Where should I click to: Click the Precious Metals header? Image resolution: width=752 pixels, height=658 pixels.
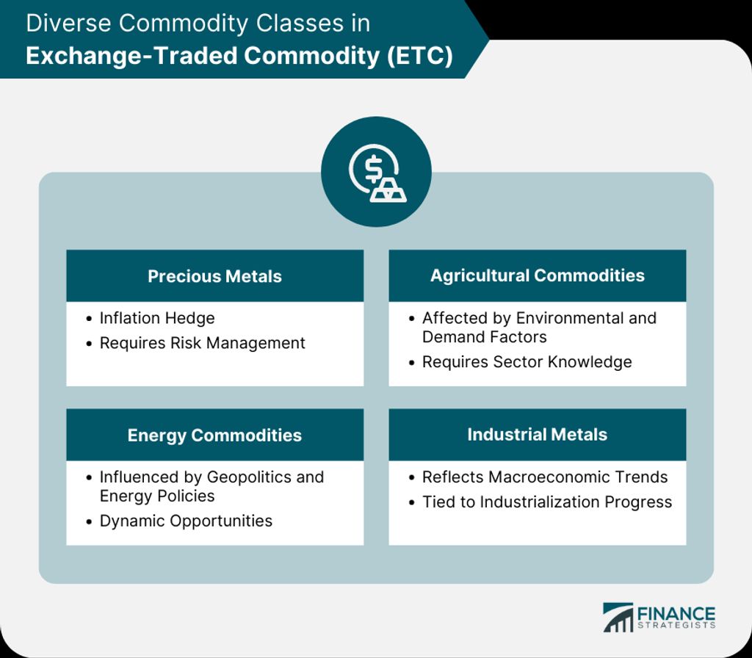(x=214, y=276)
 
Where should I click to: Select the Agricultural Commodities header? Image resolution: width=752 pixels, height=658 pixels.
(x=537, y=276)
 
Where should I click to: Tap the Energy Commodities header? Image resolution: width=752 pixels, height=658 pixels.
(x=214, y=435)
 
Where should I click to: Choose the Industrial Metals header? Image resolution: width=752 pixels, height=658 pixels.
(x=537, y=435)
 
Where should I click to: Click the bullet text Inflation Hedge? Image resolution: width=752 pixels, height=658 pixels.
(x=157, y=319)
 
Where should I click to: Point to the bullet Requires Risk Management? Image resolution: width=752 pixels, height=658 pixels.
(x=202, y=344)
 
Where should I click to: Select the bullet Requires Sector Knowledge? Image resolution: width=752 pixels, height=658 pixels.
(x=527, y=362)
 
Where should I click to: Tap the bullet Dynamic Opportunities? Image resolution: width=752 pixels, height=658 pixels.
(x=186, y=521)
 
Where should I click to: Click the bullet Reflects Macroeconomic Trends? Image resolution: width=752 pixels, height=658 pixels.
(x=545, y=477)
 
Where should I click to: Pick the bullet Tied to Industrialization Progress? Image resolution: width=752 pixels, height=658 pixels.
(x=546, y=502)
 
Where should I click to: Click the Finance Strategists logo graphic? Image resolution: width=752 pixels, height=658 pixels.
(x=618, y=618)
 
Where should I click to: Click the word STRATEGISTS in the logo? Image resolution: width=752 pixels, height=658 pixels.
(x=676, y=626)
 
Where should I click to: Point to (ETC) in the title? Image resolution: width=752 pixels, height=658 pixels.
(x=419, y=56)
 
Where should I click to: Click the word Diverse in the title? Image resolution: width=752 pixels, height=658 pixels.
(x=68, y=23)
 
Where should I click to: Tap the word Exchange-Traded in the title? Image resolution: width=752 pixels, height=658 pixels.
(x=132, y=56)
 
